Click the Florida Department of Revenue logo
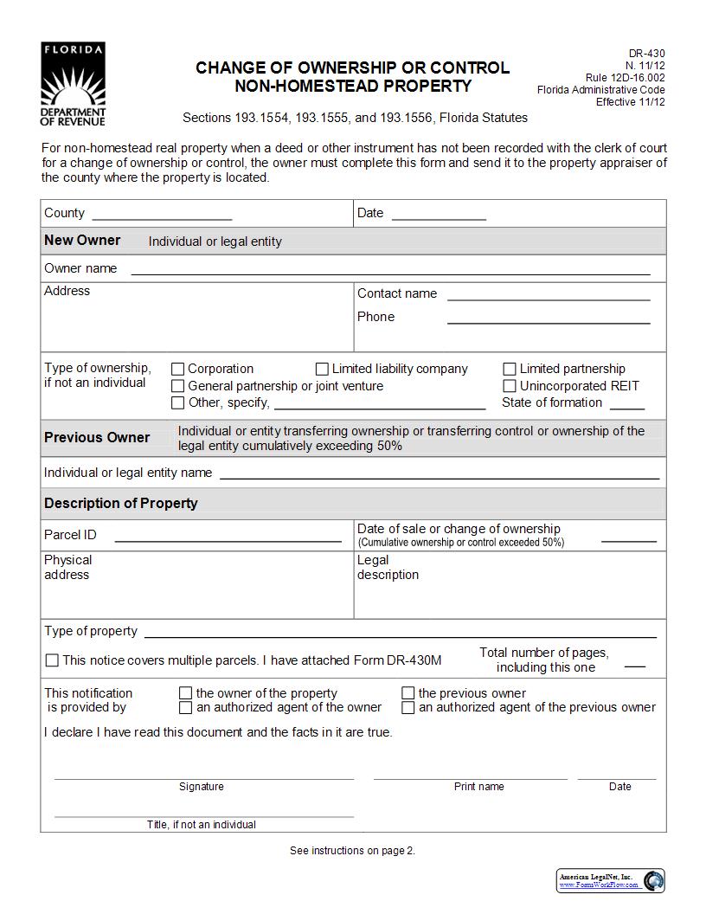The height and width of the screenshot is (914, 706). pos(73,84)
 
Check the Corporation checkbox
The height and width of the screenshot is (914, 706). pos(178,370)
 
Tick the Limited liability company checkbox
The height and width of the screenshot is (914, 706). pos(322,369)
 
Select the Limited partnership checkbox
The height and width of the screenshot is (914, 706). pos(510,370)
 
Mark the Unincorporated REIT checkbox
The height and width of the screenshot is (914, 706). pos(510,386)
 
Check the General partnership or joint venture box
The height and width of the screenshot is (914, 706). pos(178,386)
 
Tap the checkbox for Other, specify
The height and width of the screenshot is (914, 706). pos(178,402)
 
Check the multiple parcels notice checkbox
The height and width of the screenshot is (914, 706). pos(52,660)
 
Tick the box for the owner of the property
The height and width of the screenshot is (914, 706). pos(185,693)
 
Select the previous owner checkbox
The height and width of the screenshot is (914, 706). pos(408,693)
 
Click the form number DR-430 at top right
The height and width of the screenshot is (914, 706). pos(646,54)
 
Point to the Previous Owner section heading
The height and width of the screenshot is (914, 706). pos(97,438)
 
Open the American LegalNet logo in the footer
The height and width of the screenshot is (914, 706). pos(611,880)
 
